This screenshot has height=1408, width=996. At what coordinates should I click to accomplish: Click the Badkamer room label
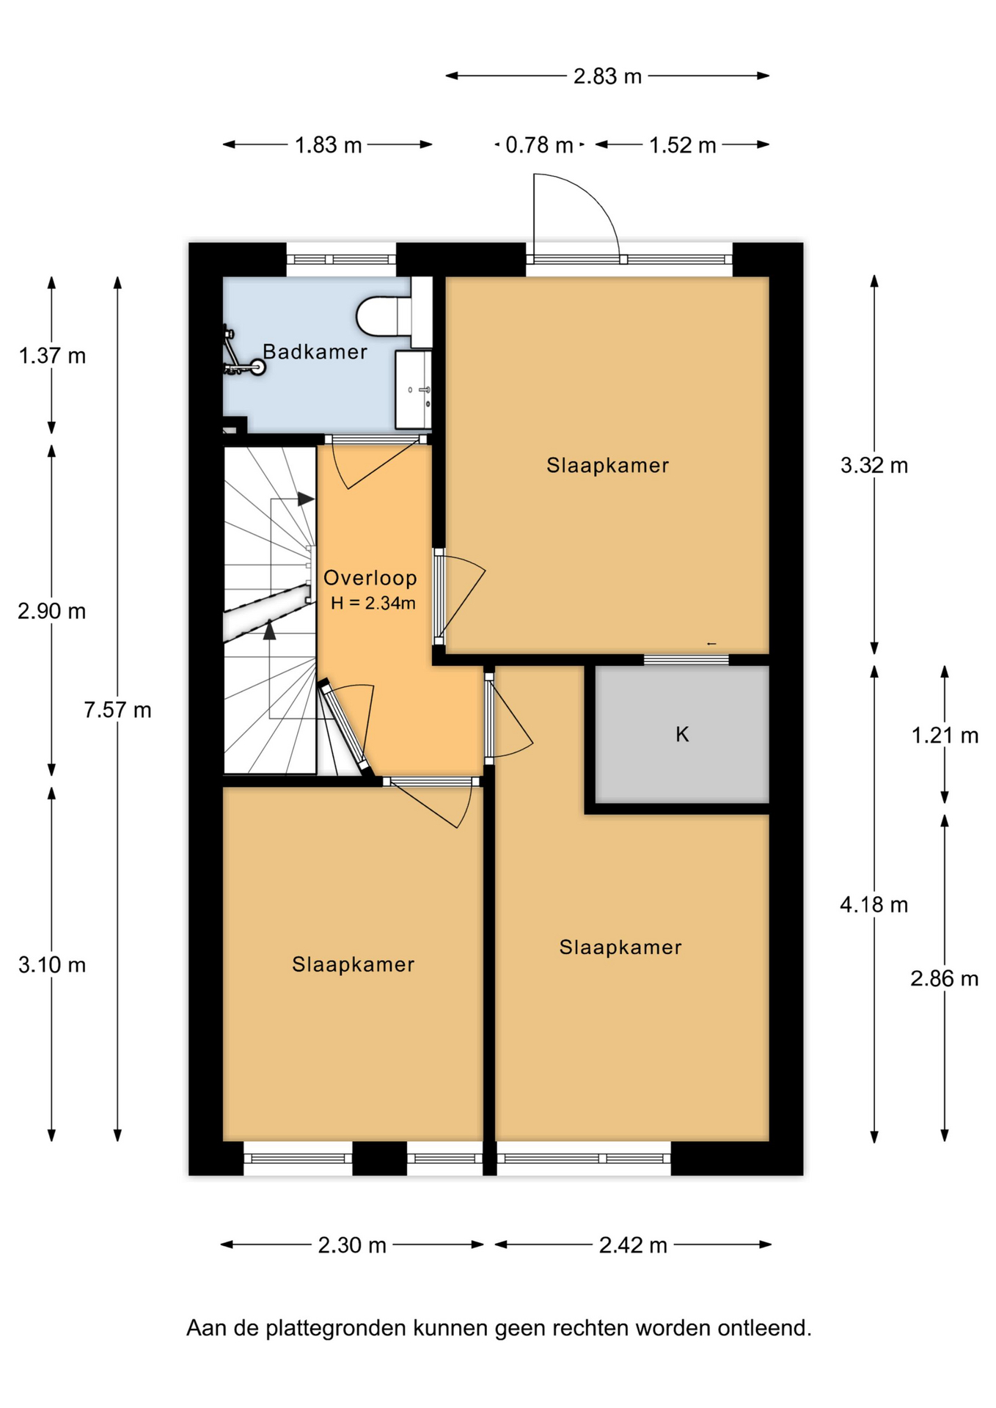tap(315, 352)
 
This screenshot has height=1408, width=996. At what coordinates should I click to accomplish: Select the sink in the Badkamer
tap(414, 389)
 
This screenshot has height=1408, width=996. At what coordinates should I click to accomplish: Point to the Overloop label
tap(370, 578)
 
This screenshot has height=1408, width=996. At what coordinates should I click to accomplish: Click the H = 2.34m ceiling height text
tap(373, 604)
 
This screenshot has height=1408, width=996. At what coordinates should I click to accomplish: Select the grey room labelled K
tap(682, 734)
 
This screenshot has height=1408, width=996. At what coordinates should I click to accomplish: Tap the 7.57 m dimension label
tap(117, 710)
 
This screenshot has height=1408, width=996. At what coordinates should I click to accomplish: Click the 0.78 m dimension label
tap(539, 145)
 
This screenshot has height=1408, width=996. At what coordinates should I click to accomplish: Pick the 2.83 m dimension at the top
tap(607, 76)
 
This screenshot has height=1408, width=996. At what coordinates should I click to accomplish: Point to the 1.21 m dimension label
tap(945, 736)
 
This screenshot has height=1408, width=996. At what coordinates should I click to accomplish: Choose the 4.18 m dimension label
tap(874, 905)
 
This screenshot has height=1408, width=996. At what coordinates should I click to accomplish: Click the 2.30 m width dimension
tap(352, 1245)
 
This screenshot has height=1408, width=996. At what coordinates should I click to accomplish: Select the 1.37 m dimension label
tap(52, 356)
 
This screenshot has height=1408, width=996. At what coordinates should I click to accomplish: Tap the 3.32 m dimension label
tap(874, 465)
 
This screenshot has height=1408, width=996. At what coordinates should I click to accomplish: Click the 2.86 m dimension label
tap(945, 978)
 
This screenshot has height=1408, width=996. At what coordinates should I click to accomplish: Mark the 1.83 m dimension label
tap(329, 145)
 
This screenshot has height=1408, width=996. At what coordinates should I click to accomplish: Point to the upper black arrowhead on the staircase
tap(306, 499)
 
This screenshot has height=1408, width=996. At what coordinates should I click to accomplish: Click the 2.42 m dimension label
tap(633, 1245)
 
